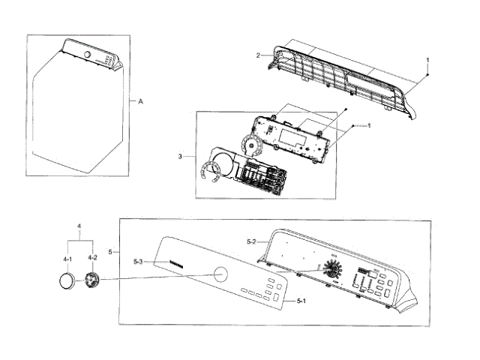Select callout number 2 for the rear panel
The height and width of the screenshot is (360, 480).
[258, 55]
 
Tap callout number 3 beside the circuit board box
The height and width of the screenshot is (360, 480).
[181, 156]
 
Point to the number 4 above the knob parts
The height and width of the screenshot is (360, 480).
[79, 225]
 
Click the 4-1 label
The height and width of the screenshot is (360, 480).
[67, 259]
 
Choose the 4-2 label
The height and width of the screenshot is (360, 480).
[91, 259]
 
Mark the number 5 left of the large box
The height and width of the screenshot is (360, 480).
[111, 251]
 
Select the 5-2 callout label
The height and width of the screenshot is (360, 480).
[252, 241]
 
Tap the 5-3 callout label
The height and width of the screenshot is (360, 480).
[138, 262]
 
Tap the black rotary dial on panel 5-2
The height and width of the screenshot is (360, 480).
[330, 270]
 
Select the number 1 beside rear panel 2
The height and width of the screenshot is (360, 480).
[428, 59]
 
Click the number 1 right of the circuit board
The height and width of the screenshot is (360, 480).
[369, 125]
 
